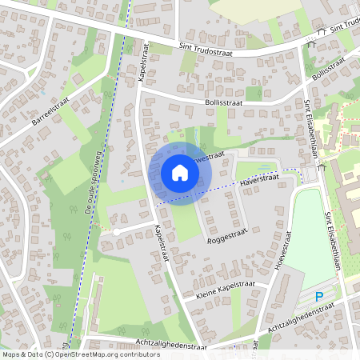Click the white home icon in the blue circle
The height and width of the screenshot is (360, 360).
[x=180, y=173]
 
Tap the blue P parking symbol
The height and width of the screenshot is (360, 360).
[x=319, y=297]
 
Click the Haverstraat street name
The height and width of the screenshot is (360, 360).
[x=257, y=184]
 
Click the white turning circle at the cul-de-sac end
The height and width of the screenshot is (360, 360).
[x=116, y=231]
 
